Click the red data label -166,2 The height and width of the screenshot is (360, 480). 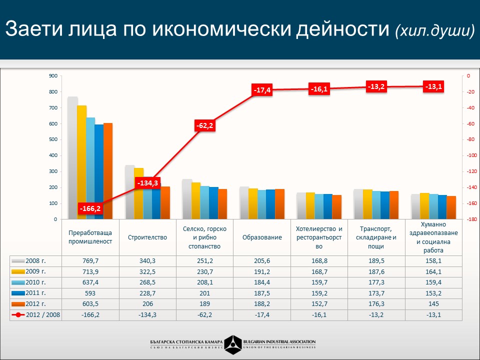(90, 208)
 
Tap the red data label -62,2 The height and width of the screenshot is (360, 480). (204, 126)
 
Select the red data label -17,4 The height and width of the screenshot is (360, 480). (262, 90)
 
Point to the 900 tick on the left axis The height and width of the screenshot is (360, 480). (52, 76)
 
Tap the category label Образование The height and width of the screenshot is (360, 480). (261, 237)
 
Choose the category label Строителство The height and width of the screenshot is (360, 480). (147, 237)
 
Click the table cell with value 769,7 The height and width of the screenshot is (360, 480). (90, 261)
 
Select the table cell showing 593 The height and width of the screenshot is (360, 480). (90, 293)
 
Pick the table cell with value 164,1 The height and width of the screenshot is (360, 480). (433, 272)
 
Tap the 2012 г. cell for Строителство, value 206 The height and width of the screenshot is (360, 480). (147, 304)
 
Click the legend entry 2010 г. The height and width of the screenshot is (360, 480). (35, 282)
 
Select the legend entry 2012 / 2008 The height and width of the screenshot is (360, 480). (35, 315)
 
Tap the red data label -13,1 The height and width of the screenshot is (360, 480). (433, 86)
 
